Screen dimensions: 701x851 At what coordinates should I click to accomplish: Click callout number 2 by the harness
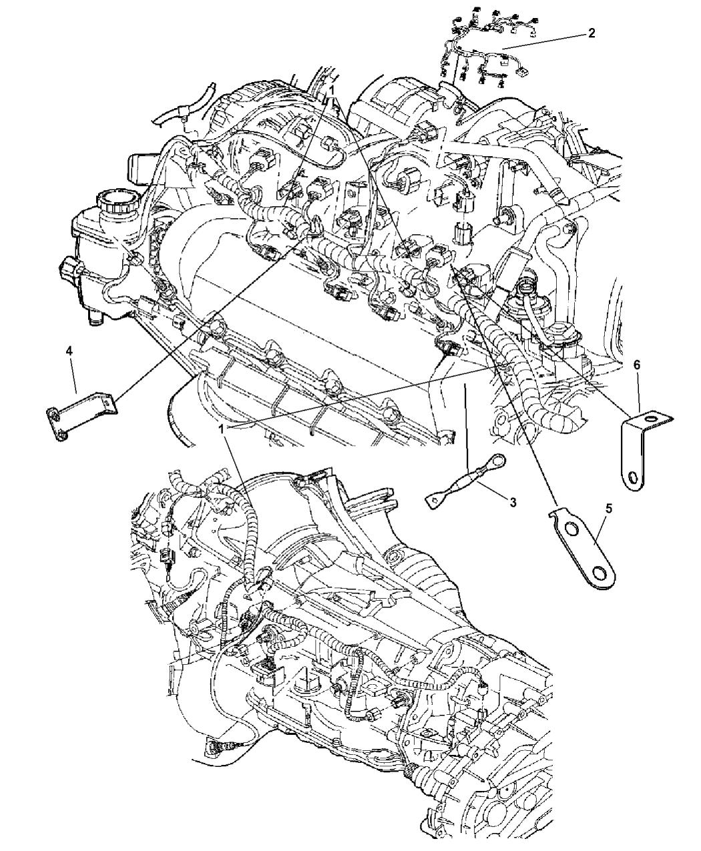click(x=592, y=33)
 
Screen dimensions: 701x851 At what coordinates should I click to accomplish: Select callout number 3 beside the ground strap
click(x=513, y=503)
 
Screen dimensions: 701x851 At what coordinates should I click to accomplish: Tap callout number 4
click(x=69, y=351)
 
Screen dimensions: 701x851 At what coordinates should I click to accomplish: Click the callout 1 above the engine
click(x=332, y=89)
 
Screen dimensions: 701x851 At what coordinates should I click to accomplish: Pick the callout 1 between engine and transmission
click(x=221, y=429)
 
